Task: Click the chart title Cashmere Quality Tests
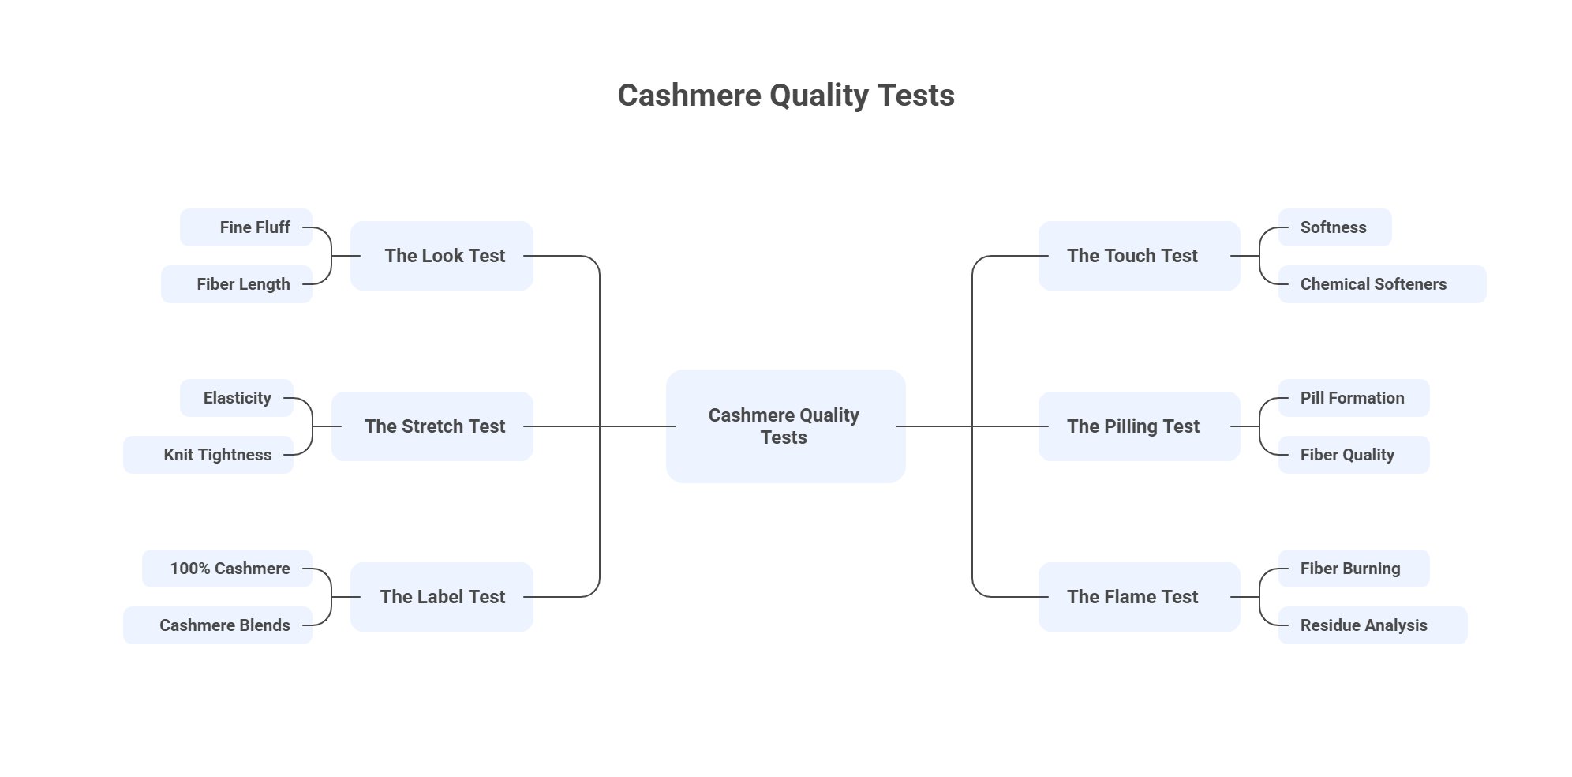coord(785,96)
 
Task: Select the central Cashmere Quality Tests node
coord(785,426)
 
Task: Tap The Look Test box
coord(442,256)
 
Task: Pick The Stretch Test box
coord(432,426)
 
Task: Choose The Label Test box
coord(442,597)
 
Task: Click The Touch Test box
coord(1138,256)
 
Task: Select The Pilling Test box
coord(1138,426)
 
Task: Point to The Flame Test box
coord(1138,597)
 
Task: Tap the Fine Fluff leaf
coord(246,227)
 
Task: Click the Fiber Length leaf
coord(237,284)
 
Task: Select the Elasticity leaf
coord(236,398)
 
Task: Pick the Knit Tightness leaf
coord(208,455)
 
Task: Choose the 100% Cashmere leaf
coord(227,569)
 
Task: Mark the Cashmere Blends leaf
coord(218,625)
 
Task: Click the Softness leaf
coord(1334,227)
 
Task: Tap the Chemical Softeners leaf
coord(1381,284)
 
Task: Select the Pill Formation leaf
coord(1353,398)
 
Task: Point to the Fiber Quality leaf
coord(1353,455)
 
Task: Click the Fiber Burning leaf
coord(1353,569)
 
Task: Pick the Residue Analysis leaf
coord(1372,625)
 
